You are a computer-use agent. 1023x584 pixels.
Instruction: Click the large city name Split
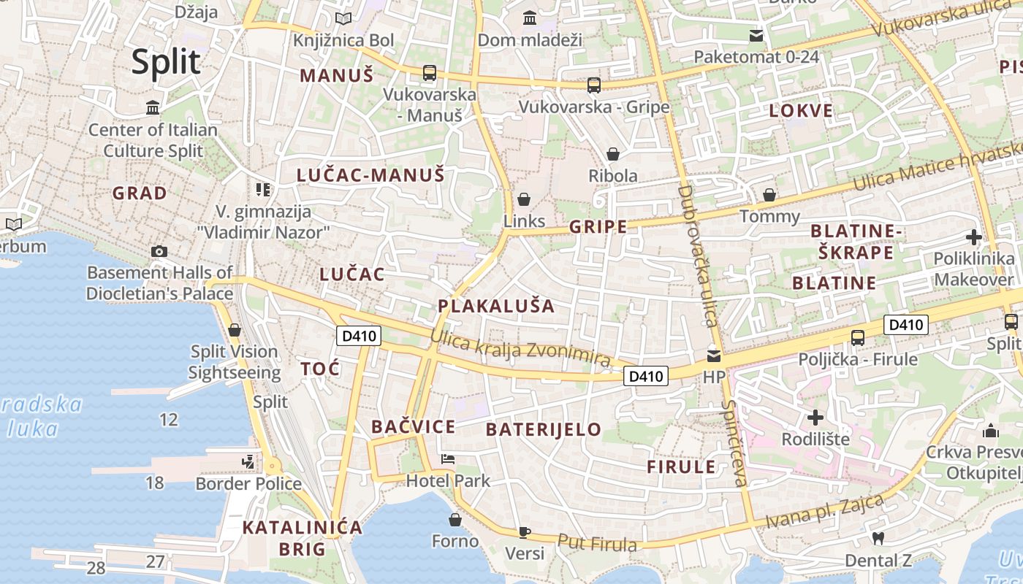pos(166,62)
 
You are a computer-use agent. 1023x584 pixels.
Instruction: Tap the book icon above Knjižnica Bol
pos(343,18)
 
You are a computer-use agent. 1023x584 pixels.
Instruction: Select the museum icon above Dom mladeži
pos(530,17)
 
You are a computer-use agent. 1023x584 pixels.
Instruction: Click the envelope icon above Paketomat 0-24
pos(756,35)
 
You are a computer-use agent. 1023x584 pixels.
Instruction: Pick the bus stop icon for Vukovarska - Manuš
pos(429,73)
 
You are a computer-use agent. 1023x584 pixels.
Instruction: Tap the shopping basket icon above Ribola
pos(613,154)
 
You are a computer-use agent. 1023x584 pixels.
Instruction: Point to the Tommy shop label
pos(769,216)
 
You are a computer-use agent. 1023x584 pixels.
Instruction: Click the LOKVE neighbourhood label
pos(801,111)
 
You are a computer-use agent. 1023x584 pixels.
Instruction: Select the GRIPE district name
pos(598,226)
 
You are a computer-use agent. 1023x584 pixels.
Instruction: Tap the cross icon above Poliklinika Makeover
pos(973,237)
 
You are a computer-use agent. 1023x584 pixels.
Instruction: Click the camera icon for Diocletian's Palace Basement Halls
pos(159,252)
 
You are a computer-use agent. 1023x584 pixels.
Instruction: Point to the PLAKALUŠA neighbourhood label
pos(496,306)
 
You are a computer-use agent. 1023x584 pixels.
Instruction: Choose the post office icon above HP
pos(713,356)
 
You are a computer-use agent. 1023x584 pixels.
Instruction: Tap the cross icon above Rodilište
pos(815,418)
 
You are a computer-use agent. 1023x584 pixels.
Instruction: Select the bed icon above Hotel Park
pos(448,459)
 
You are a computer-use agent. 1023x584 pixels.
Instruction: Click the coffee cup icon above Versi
pos(524,531)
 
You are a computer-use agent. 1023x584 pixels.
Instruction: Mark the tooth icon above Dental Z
pos(878,539)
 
